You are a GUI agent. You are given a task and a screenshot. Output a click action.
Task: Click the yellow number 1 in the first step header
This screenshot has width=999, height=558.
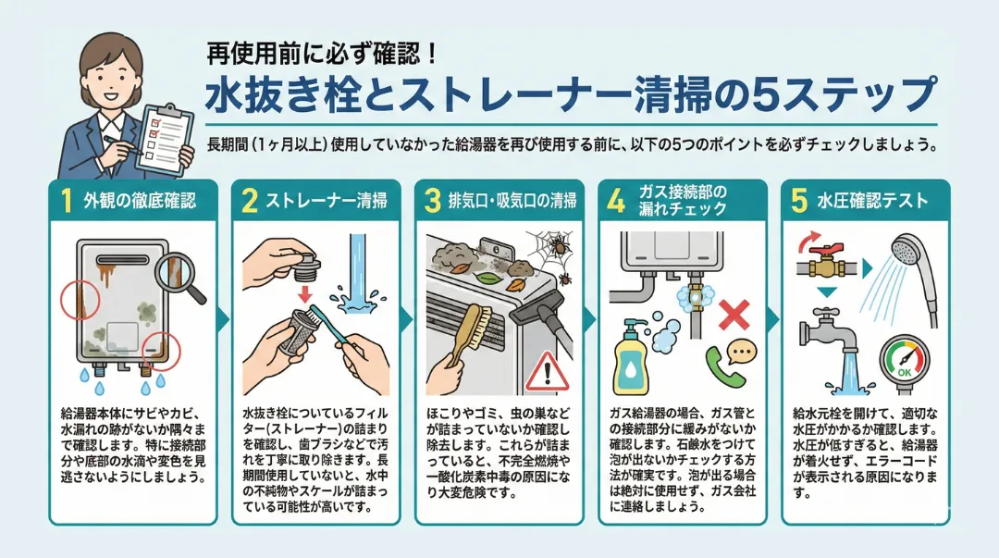(67, 201)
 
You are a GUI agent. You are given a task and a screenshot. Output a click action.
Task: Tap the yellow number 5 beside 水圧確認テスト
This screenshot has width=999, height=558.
(799, 201)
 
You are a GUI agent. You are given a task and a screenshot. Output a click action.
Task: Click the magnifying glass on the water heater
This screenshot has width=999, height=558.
(180, 277)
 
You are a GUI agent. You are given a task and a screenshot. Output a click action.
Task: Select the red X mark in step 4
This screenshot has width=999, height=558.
(734, 315)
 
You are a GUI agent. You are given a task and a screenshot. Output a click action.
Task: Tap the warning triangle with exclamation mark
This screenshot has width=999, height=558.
(547, 371)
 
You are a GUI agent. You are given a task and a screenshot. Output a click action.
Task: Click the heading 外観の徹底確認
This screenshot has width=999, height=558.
(140, 201)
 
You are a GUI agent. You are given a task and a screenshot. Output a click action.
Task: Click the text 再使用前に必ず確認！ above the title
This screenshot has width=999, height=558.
(323, 55)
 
